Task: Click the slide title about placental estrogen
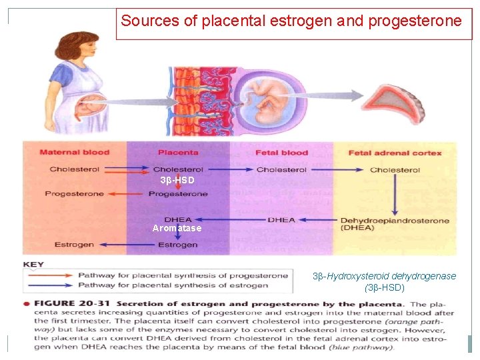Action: [x=291, y=21]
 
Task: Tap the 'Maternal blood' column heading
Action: [x=74, y=153]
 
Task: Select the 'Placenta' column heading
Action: [x=178, y=153]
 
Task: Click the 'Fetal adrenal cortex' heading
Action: [x=395, y=153]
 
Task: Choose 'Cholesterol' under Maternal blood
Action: [x=74, y=169]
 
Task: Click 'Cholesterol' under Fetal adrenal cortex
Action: [x=395, y=169]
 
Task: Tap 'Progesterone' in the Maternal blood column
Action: [x=74, y=194]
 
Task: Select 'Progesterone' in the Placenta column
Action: [x=178, y=194]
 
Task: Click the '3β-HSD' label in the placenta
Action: [x=177, y=181]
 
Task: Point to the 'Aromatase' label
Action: [x=177, y=229]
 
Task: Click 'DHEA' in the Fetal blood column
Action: [x=281, y=220]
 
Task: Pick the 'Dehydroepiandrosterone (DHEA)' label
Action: [x=395, y=224]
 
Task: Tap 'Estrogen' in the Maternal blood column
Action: [x=74, y=245]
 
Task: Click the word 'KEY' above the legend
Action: [x=33, y=265]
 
